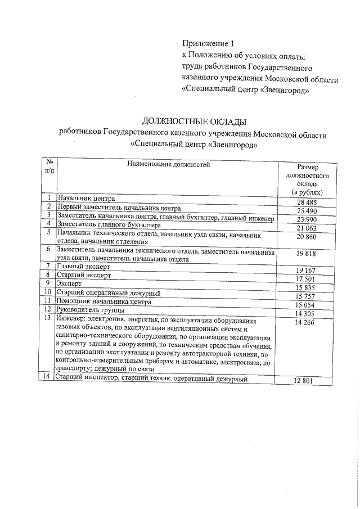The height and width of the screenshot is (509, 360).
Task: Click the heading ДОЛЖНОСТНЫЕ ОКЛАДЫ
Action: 194,121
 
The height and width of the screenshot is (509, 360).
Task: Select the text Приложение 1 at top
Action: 207,43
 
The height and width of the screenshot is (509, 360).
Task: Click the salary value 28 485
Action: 308,202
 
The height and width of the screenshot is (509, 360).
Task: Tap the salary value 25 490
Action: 308,210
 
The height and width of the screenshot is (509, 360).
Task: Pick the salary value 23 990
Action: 308,219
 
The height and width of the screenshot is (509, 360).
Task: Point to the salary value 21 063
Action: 308,228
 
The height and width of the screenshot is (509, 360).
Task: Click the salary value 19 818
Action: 308,254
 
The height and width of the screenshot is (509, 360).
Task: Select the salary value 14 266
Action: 308,323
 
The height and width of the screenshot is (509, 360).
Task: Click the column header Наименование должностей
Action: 168,165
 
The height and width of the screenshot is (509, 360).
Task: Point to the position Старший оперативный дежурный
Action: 109,293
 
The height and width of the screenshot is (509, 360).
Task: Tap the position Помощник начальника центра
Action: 104,301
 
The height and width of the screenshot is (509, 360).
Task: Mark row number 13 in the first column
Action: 48,318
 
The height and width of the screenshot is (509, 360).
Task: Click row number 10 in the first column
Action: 48,292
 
